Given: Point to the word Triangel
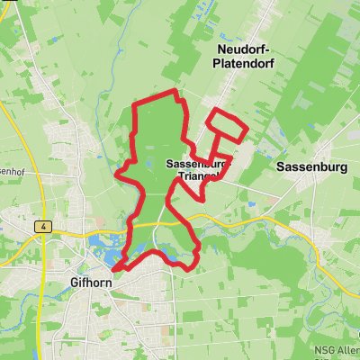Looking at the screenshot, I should pos(197,177).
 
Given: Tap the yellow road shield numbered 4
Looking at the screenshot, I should pos(42,228).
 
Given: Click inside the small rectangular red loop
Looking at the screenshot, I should pos(226,126).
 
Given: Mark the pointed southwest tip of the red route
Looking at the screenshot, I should pos(114,266).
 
